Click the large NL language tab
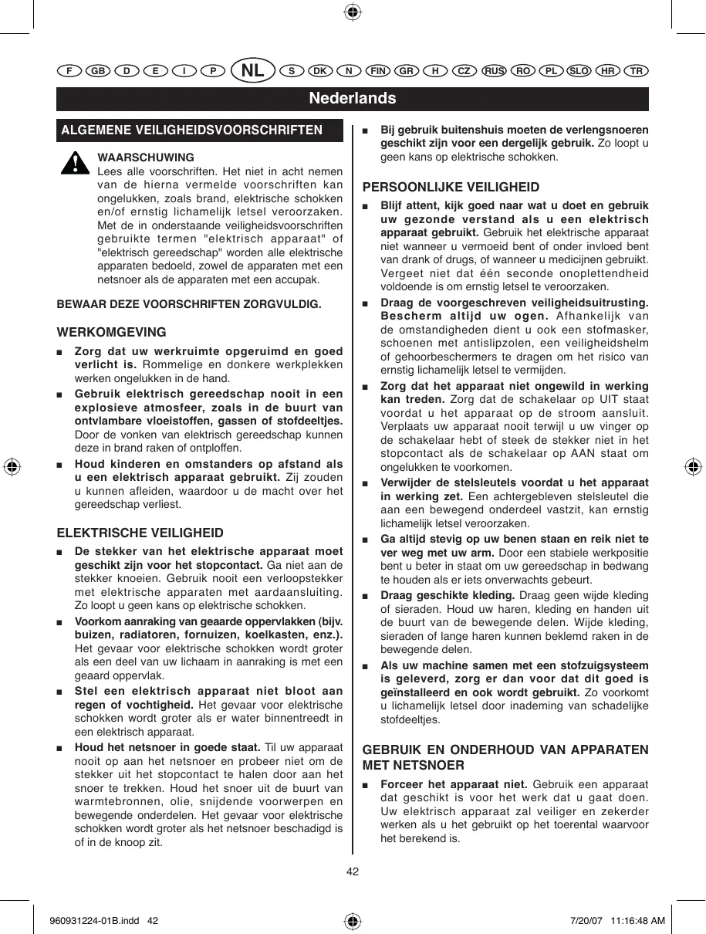253,70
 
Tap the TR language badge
636,70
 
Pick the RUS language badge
494,70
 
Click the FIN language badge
377,70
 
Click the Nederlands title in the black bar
353,98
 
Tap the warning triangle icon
75,163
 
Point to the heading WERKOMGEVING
112,333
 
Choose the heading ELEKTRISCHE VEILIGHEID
140,533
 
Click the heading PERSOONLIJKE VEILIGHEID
451,188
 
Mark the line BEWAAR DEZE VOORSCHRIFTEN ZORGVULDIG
189,304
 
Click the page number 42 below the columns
353,871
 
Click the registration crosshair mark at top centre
353,12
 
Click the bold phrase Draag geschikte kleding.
437,595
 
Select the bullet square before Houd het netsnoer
61,747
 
